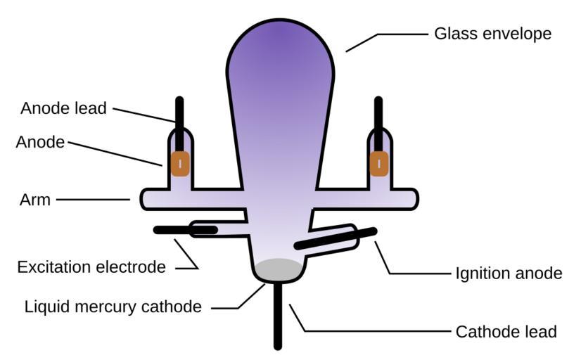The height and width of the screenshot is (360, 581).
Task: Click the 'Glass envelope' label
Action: tap(492, 34)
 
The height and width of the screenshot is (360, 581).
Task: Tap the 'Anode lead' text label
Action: tap(63, 108)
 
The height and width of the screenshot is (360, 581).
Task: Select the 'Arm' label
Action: tap(35, 200)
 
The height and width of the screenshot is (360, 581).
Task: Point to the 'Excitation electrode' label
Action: tap(91, 267)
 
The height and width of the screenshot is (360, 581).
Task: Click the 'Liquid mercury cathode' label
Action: tap(113, 307)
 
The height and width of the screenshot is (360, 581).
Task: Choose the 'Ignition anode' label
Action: tap(509, 273)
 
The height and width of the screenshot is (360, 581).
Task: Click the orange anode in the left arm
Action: tap(180, 164)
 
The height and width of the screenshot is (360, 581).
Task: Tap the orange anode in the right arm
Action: tap(379, 164)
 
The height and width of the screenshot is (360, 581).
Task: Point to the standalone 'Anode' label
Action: tap(40, 142)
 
